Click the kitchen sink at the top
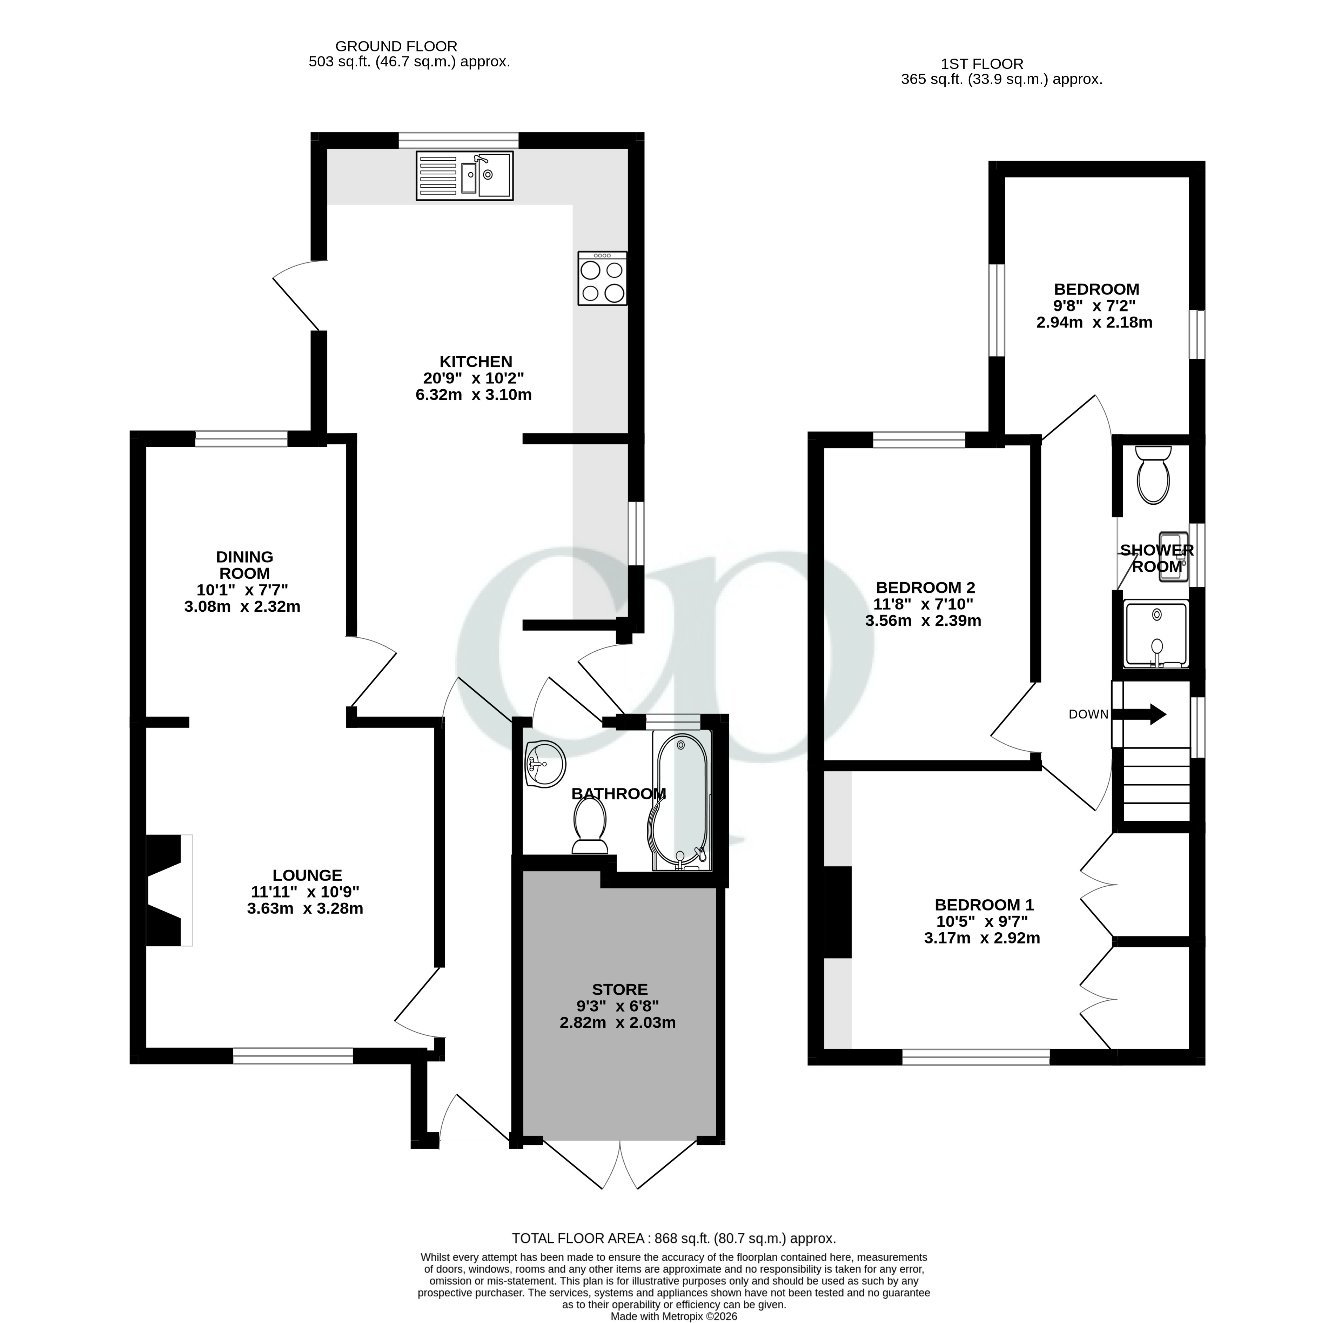pos(464,176)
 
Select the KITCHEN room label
pos(476,361)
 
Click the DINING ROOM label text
pos(244,564)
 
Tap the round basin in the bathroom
pos(545,764)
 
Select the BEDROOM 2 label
pos(925,588)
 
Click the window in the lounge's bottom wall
pos(293,1056)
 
